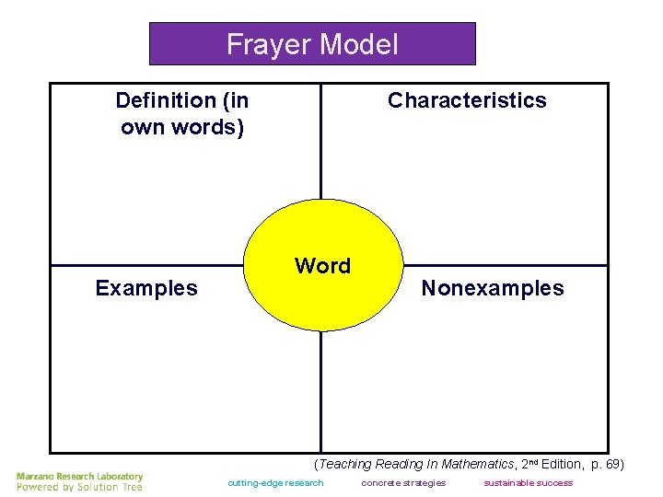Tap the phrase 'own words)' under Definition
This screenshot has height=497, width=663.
pyautogui.click(x=182, y=127)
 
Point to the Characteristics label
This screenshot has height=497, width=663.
pyautogui.click(x=467, y=100)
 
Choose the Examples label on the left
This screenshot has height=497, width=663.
pyautogui.click(x=146, y=288)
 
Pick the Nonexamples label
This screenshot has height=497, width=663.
pyautogui.click(x=493, y=288)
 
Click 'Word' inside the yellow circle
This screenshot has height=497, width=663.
pyautogui.click(x=322, y=266)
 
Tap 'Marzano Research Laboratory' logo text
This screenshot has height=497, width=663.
pyautogui.click(x=80, y=476)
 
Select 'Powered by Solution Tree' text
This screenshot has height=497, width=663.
pyautogui.click(x=80, y=487)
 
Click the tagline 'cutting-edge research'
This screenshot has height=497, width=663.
pyautogui.click(x=276, y=483)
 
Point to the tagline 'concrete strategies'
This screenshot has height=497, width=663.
pyautogui.click(x=403, y=483)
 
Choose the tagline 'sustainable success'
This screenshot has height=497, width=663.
pyautogui.click(x=528, y=483)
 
